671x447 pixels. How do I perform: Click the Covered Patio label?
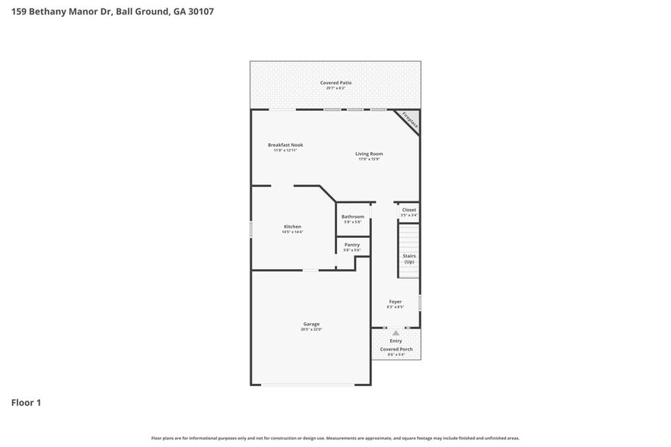(335, 83)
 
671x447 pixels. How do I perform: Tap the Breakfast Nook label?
(285, 144)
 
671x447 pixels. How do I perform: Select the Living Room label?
(369, 154)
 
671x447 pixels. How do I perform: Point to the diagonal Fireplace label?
(410, 119)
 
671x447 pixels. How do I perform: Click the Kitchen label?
(292, 227)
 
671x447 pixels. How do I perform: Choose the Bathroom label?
(352, 217)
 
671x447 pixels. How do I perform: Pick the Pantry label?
(351, 245)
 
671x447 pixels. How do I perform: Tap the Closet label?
(409, 210)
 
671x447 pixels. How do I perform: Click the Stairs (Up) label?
(409, 258)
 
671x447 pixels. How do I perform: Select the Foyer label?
(395, 302)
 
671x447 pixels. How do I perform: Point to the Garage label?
(312, 324)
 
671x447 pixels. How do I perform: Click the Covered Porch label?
(396, 349)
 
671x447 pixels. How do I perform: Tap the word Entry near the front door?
(396, 341)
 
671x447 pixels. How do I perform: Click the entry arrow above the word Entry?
(395, 332)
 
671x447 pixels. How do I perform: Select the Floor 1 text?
(26, 402)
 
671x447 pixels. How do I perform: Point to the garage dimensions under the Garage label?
(312, 329)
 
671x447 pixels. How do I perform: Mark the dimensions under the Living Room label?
(369, 159)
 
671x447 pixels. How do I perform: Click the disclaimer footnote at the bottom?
(335, 438)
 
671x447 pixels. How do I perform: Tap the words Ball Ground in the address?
(142, 11)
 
